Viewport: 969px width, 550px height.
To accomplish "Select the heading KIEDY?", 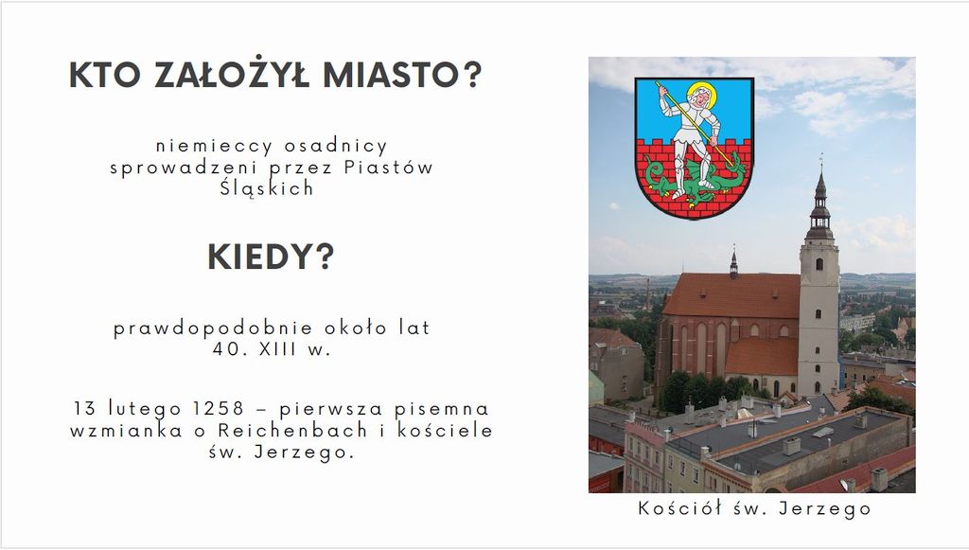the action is click(271, 257).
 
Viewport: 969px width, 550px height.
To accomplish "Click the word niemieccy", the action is click(214, 147).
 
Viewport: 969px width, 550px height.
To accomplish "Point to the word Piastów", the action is click(389, 167).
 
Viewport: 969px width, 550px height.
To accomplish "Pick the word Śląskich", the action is click(267, 187).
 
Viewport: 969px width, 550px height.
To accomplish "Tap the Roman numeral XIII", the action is click(278, 349).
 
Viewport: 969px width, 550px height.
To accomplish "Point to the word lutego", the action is click(145, 409).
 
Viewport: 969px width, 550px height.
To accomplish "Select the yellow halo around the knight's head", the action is click(702, 94).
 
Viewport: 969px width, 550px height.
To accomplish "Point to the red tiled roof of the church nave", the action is click(732, 295).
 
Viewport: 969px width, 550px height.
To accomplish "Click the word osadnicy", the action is click(336, 147).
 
